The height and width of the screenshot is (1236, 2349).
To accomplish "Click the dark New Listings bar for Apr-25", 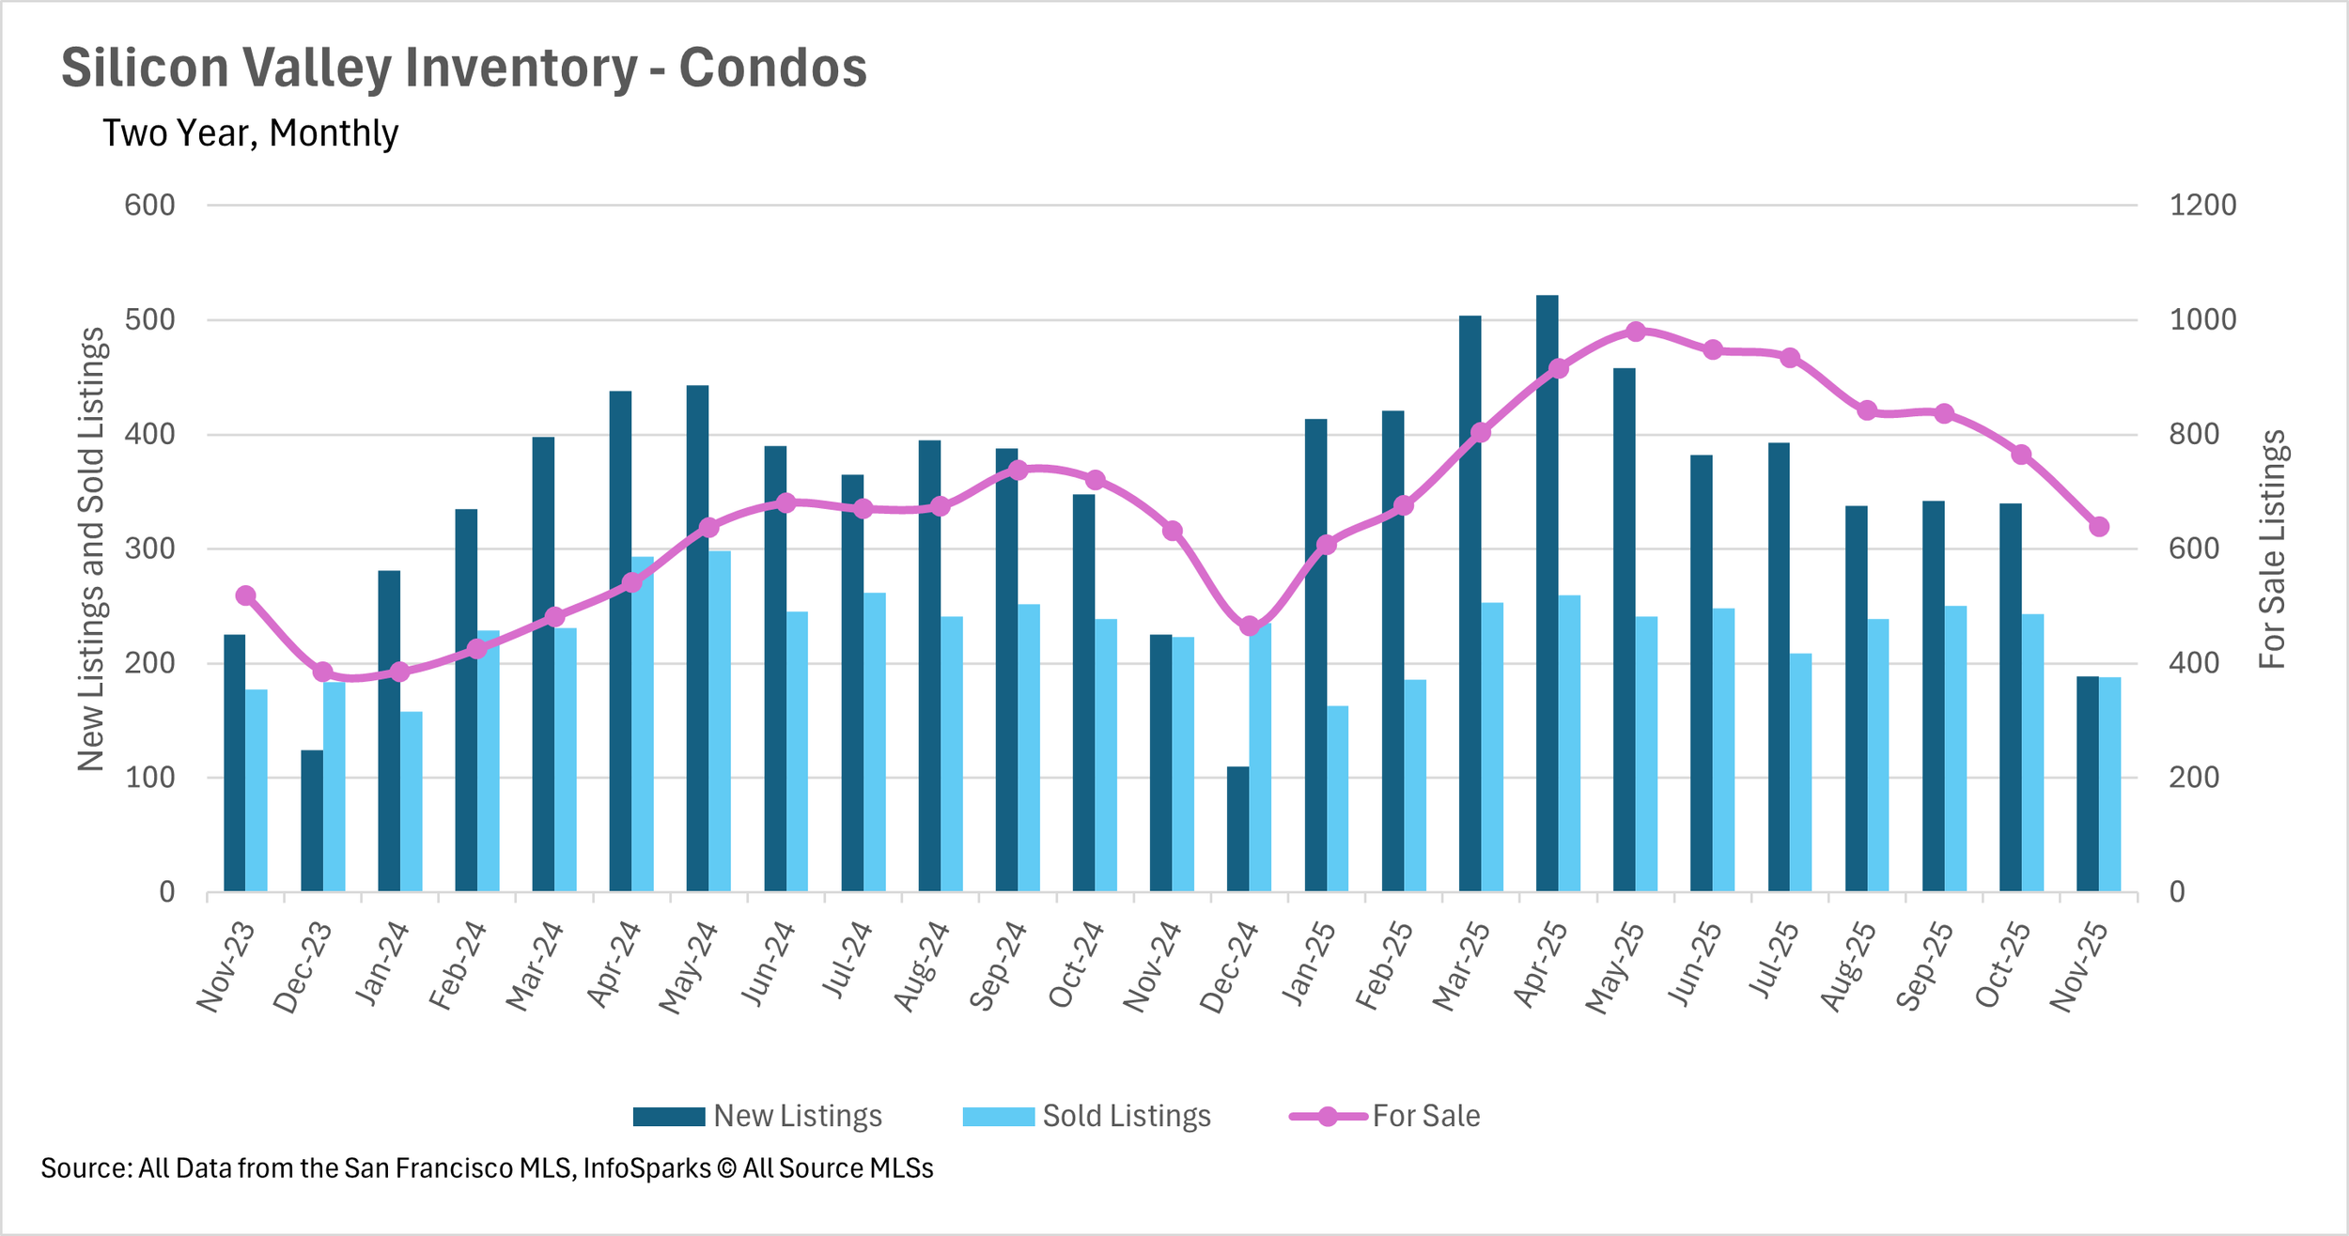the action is (1547, 594).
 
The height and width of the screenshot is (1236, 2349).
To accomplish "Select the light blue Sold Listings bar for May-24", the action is (720, 721).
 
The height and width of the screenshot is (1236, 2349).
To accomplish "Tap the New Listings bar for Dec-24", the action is (1237, 829).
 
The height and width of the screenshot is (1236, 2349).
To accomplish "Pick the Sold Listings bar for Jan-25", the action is (1337, 799).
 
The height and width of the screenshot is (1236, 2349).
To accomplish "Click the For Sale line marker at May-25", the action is (1635, 332).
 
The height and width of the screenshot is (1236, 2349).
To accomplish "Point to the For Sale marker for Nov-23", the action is (246, 595).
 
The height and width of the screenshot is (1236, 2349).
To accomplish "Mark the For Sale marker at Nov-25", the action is (2098, 527).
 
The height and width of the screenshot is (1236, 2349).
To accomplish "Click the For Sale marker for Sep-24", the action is (1018, 470).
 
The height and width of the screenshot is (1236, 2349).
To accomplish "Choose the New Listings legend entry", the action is (757, 1116).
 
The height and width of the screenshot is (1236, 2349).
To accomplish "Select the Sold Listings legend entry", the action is (1087, 1116).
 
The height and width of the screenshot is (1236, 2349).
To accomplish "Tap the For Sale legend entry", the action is (1385, 1116).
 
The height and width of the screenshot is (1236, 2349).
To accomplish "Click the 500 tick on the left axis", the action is (150, 319).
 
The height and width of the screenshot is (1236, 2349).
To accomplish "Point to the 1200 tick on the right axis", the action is (2202, 205).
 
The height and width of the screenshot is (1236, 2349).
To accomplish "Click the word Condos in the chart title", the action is (773, 68).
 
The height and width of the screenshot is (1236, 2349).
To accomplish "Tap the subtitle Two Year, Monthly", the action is (250, 133).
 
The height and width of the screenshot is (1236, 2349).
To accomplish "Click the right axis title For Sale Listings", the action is (2272, 549).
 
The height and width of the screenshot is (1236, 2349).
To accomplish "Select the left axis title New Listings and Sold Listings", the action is (91, 549).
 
